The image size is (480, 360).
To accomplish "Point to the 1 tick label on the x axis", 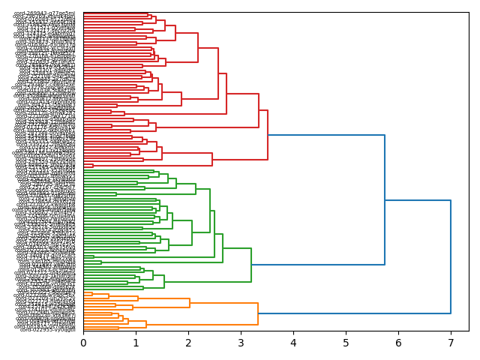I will (136, 343).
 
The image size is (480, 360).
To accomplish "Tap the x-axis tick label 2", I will (188, 343).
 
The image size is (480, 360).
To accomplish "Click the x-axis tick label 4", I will (293, 343).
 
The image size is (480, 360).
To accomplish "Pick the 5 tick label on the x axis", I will (346, 343).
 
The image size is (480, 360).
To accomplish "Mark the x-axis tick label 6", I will (398, 343).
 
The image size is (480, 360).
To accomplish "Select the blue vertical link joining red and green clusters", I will (385, 199).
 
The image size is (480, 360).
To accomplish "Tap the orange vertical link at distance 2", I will (190, 303).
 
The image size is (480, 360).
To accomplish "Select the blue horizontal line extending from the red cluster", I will (326, 135).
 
